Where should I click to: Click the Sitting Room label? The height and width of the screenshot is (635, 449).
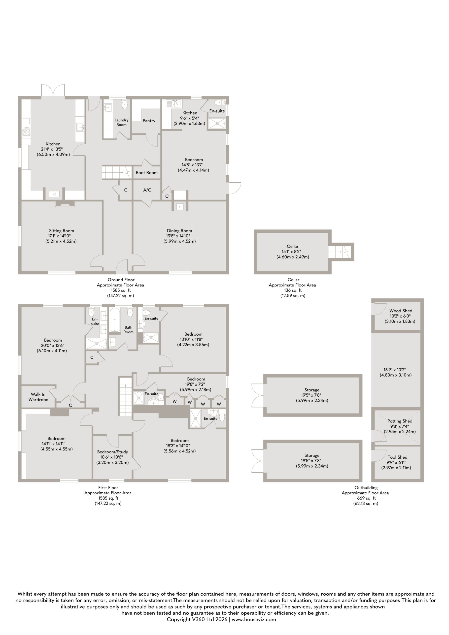coord(62,231)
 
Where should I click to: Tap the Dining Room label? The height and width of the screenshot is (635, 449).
coord(179,231)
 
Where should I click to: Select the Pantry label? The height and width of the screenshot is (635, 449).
coord(149,121)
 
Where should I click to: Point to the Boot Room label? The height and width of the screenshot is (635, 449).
coord(147,173)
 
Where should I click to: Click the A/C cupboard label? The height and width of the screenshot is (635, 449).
coord(147,190)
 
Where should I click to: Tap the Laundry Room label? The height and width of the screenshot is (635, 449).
coord(122,122)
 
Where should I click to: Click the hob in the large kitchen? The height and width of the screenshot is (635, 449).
coord(26,131)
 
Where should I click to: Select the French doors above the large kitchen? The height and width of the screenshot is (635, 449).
coord(53,91)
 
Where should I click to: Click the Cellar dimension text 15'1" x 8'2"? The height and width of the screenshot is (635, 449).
coord(293,252)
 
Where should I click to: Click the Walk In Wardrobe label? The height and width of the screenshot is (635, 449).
coord(38,397)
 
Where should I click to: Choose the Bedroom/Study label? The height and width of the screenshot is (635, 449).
coord(113,452)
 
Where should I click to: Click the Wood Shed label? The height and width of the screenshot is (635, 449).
coord(401,311)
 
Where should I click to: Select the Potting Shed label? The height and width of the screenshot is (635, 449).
coord(400,421)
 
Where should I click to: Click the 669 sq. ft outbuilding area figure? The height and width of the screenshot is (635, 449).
coord(365,498)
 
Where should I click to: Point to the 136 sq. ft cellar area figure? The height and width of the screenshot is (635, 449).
coord(293,290)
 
